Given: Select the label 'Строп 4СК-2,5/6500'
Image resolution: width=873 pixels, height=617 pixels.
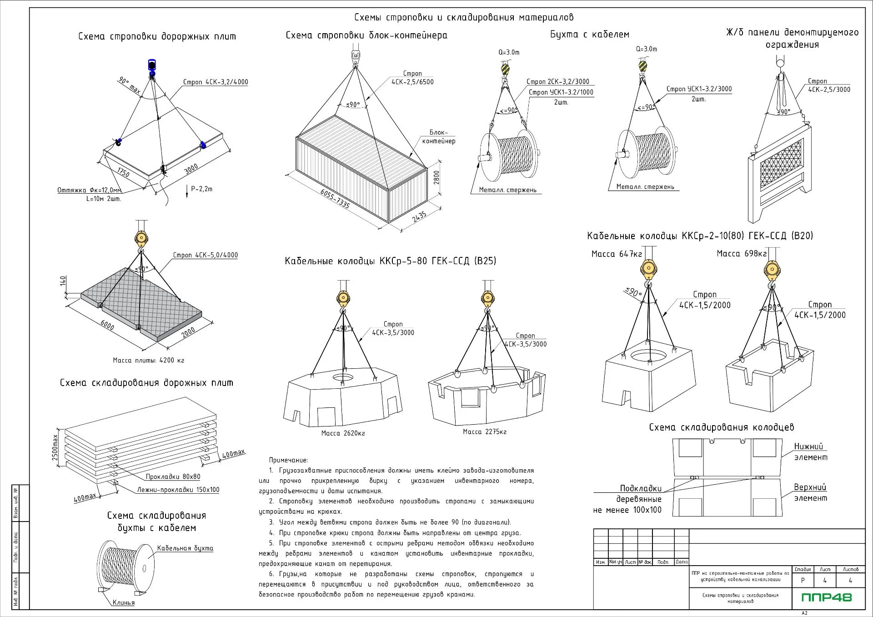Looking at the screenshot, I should (412, 78).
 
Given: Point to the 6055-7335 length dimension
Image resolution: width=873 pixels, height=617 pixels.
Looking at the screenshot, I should (335, 199).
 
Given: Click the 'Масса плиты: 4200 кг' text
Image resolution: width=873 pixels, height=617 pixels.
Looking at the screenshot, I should (149, 361).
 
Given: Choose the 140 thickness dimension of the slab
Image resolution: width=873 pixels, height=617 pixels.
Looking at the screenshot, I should (63, 281).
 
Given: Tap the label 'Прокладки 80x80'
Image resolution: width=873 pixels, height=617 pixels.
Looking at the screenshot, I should (173, 477).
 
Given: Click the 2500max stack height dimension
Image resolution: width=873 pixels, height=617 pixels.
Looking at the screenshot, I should (55, 447).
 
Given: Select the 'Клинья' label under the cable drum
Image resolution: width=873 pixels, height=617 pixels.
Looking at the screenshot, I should (124, 602).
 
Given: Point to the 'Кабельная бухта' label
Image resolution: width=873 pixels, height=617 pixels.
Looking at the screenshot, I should (185, 548).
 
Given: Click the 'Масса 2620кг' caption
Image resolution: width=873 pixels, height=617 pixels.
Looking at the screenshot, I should (343, 433).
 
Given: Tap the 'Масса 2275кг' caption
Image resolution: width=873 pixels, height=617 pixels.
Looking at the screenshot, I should (485, 431).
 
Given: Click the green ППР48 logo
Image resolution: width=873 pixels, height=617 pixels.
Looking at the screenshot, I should (826, 597).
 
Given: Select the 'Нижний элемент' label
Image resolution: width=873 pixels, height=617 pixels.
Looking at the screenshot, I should (811, 452).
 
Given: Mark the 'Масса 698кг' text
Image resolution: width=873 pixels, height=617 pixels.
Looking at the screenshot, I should (742, 254).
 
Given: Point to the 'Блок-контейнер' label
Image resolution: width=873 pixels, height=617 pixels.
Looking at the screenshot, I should (439, 137).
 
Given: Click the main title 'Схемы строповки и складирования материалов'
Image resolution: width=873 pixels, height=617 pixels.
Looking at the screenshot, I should (464, 18).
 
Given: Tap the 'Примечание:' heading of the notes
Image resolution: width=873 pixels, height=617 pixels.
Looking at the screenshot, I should (288, 460).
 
